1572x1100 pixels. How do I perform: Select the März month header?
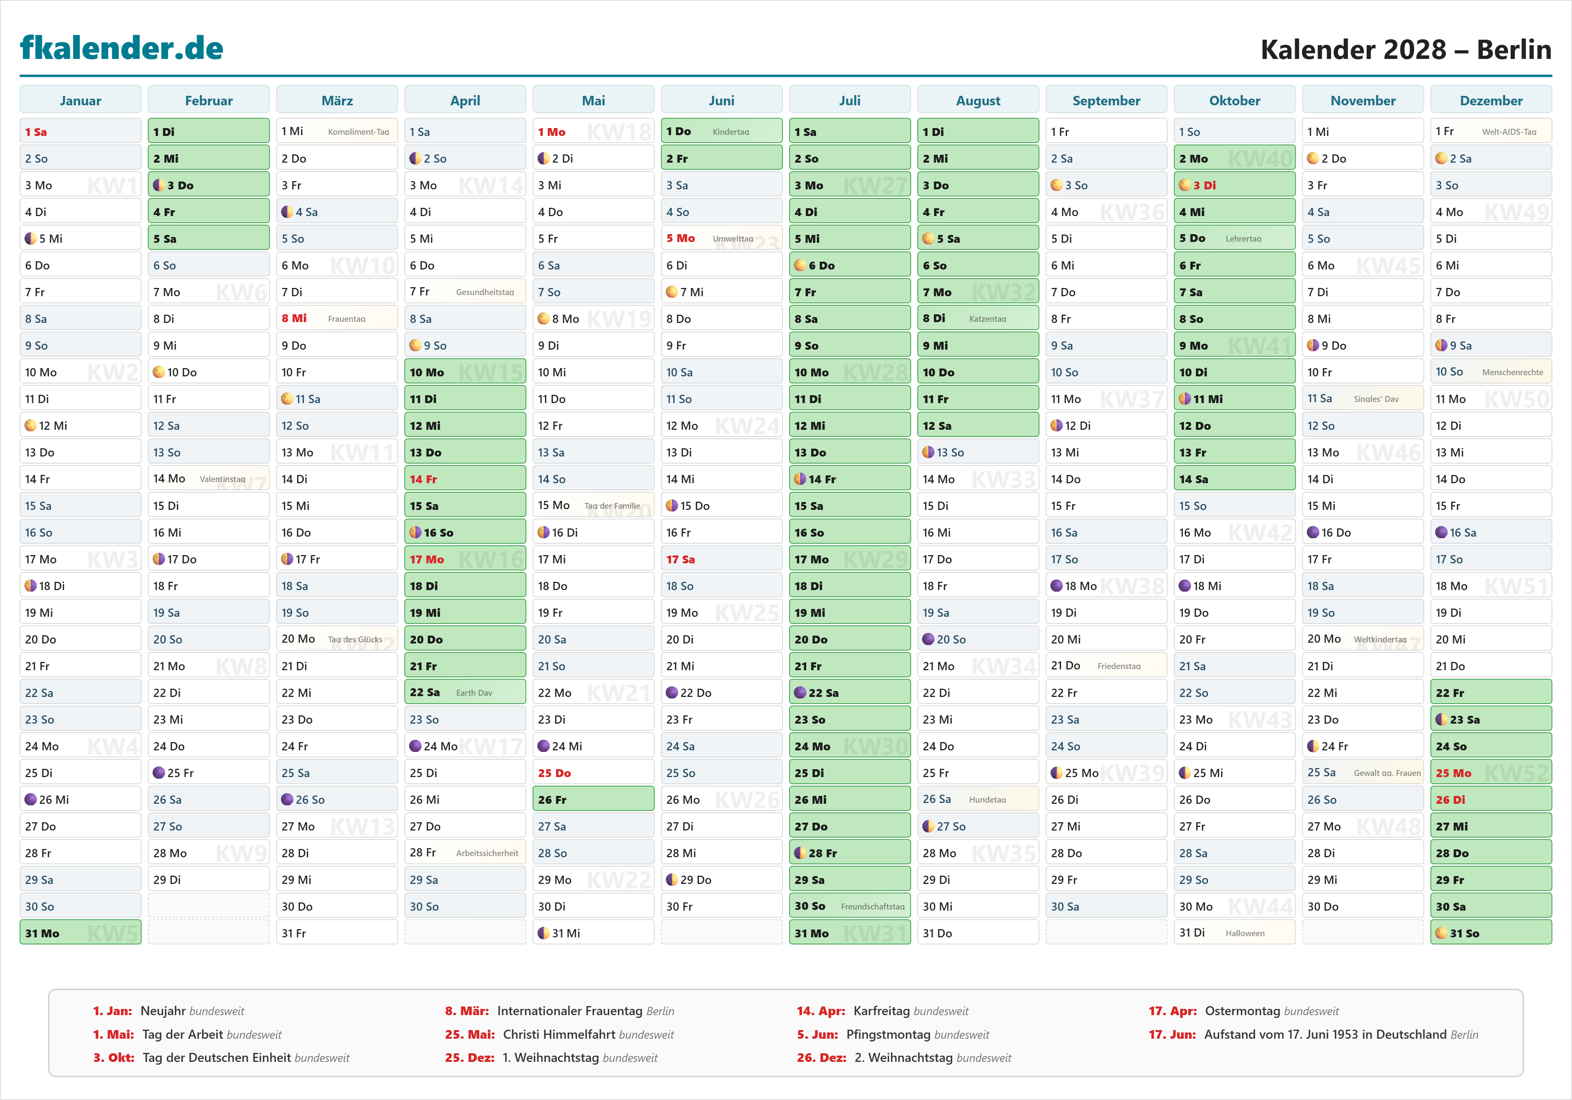pos(337,101)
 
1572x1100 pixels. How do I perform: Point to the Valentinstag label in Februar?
pos(222,479)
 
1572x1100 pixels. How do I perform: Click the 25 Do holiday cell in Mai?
pos(593,773)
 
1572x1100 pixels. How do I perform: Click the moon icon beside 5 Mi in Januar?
pos(30,239)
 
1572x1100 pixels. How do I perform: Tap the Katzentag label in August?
pos(987,319)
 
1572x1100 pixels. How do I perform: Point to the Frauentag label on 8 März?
pos(347,319)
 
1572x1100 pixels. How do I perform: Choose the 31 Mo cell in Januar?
pos(80,933)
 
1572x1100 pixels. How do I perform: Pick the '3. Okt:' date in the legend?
pos(114,1058)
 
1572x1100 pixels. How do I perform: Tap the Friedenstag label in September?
pos(1119,666)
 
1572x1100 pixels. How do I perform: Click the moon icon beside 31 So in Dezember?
pos(1441,933)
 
